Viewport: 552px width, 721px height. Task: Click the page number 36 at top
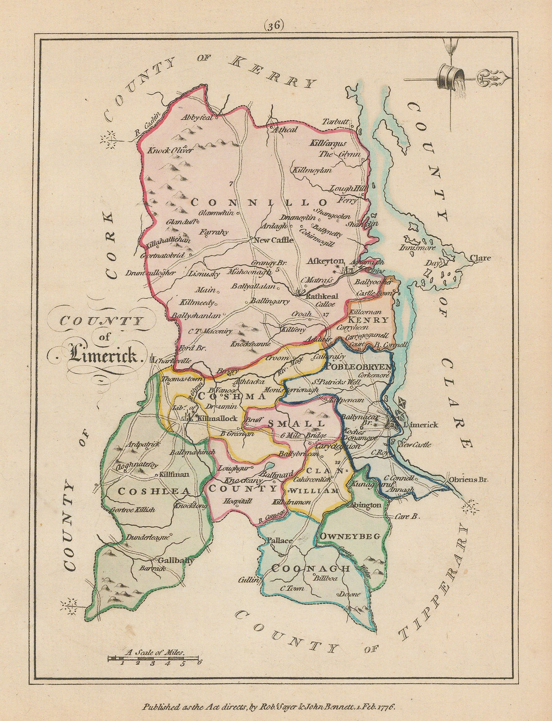point(274,26)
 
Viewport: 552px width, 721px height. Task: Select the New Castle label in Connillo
point(273,240)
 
